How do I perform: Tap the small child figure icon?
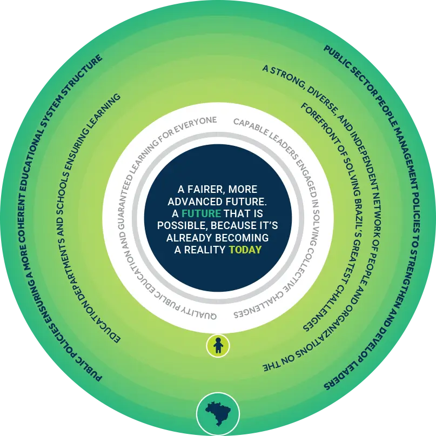218,345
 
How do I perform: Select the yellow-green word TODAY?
245,250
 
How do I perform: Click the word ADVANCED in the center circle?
199,201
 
